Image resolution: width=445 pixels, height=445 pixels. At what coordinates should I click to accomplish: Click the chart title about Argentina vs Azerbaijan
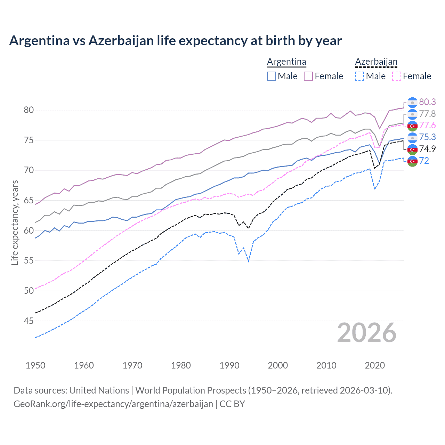click(x=175, y=41)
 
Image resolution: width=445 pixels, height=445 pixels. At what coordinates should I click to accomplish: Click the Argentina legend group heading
click(x=286, y=62)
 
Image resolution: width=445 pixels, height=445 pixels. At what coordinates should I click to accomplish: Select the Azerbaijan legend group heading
click(x=376, y=62)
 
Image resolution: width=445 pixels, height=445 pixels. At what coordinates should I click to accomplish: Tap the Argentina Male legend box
click(x=272, y=76)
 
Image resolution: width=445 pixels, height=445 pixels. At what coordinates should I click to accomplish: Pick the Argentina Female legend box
click(x=308, y=76)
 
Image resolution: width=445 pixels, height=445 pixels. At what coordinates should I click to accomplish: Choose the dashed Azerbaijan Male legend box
click(x=359, y=76)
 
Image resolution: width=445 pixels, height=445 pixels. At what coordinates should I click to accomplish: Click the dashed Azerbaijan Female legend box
click(x=397, y=76)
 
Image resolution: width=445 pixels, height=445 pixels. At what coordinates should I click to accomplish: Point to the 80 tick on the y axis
click(x=29, y=110)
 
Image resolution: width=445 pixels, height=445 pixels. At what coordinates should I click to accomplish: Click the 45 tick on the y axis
click(x=29, y=321)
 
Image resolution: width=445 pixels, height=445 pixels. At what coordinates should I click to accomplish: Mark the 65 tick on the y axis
click(x=29, y=201)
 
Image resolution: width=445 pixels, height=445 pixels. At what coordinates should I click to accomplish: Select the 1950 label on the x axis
click(x=35, y=365)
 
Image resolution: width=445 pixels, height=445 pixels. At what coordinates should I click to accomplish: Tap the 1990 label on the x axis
click(x=229, y=365)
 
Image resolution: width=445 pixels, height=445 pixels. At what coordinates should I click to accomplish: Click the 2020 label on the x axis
click(x=375, y=365)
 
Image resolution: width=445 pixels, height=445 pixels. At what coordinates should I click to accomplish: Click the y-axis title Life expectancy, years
click(x=15, y=222)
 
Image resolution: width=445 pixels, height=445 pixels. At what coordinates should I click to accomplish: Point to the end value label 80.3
click(x=427, y=102)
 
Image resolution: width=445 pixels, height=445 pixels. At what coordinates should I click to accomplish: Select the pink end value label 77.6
click(x=427, y=126)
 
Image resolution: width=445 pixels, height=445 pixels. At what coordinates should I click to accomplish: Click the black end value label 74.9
click(x=427, y=149)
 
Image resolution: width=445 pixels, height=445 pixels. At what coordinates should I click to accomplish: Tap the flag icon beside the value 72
click(x=412, y=161)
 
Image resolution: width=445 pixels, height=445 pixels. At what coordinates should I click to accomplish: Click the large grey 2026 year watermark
click(x=367, y=333)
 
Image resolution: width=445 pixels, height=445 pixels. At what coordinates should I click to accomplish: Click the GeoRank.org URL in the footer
click(x=113, y=404)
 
